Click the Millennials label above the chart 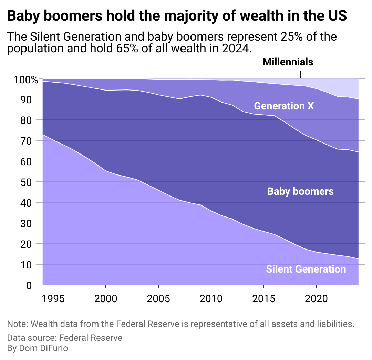pyautogui.click(x=288, y=62)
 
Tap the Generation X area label pyautogui.click(x=284, y=106)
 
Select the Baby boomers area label pyautogui.click(x=300, y=191)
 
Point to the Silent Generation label pyautogui.click(x=306, y=269)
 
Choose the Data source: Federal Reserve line pyautogui.click(x=64, y=338)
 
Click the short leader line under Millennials pyautogui.click(x=300, y=74)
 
